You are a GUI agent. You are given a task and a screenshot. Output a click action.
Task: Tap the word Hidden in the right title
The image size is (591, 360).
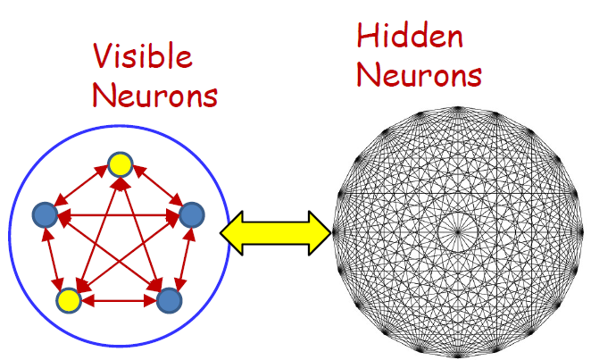tap(410, 37)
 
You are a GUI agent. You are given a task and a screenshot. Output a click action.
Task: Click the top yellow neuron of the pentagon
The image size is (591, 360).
tap(119, 163)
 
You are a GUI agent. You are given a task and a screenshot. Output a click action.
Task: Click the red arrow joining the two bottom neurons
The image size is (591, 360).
tap(118, 301)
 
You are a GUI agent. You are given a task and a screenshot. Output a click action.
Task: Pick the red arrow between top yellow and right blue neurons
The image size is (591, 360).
tap(155, 188)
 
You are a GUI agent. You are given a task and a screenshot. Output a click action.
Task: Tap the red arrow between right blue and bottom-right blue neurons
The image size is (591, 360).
tap(180, 257)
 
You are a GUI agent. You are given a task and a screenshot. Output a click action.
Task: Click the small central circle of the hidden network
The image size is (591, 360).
tap(457, 231)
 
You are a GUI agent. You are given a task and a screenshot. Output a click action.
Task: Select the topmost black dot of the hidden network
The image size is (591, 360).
tap(457, 108)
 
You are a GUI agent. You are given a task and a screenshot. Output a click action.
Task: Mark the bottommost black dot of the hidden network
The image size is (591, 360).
tap(457, 355)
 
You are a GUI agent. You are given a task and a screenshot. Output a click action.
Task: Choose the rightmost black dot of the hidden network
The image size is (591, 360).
tap(580, 231)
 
